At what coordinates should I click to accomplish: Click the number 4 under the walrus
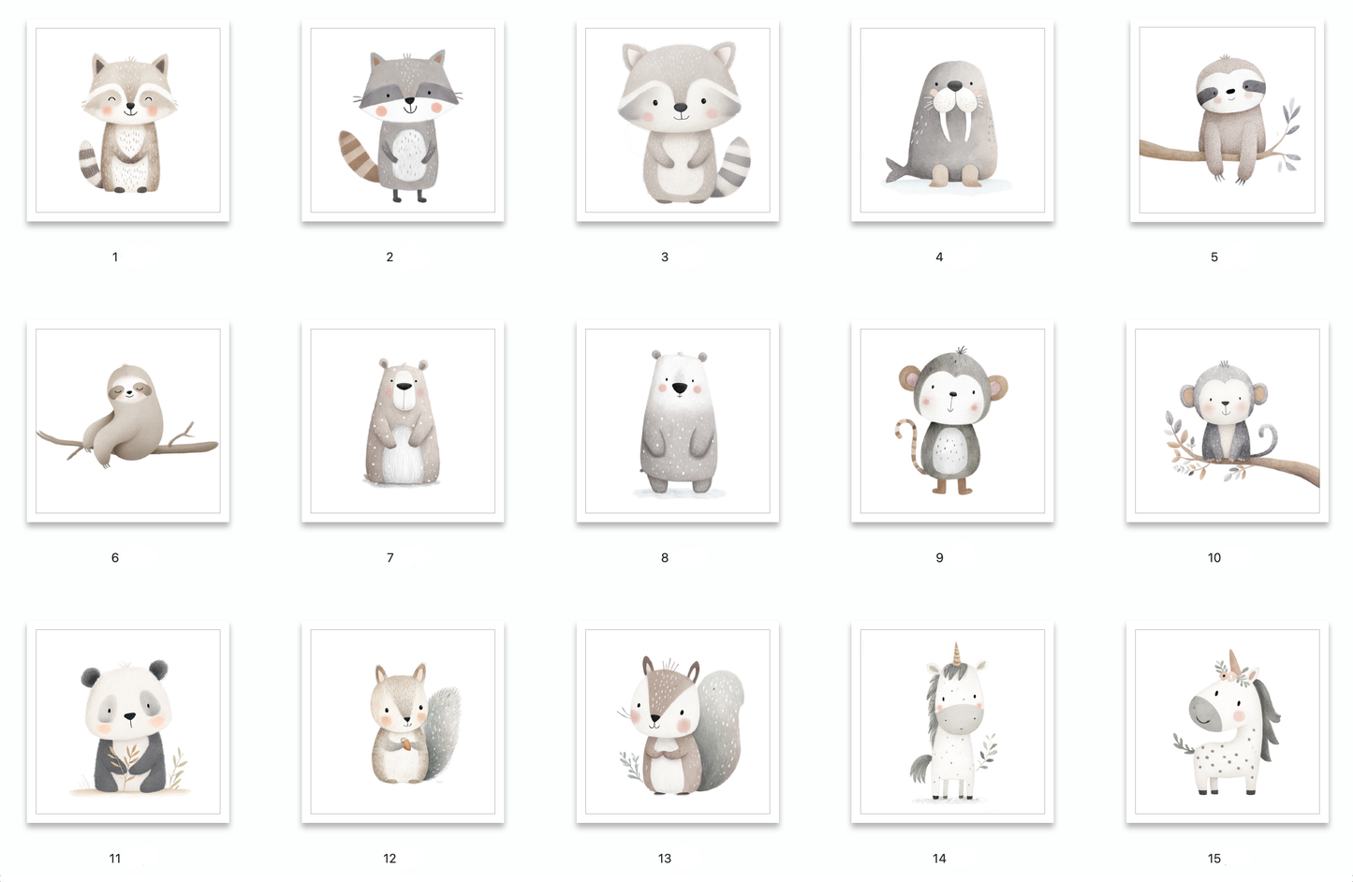[939, 257]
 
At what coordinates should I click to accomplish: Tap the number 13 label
[665, 859]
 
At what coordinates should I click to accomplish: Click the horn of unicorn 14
[956, 653]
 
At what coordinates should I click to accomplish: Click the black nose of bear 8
[680, 388]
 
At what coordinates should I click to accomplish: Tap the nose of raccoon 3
[681, 108]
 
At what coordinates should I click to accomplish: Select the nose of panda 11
[129, 716]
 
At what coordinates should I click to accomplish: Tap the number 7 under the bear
[390, 558]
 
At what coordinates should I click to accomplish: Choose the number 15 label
[1214, 859]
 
